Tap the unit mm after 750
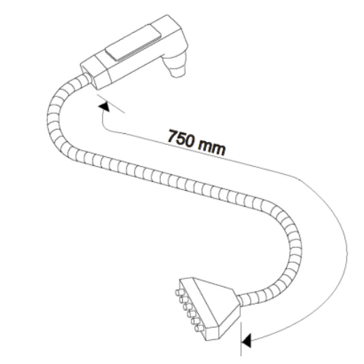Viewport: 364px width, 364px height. pyautogui.click(x=211, y=147)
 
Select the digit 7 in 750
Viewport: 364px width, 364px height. pyautogui.click(x=172, y=135)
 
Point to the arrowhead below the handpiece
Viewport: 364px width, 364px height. pyautogui.click(x=104, y=107)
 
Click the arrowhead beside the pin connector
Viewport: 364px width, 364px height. pyautogui.click(x=246, y=341)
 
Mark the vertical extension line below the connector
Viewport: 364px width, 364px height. pyautogui.click(x=241, y=339)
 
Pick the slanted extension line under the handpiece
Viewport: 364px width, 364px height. pyautogui.click(x=111, y=104)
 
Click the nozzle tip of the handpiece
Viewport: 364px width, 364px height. pyautogui.click(x=179, y=73)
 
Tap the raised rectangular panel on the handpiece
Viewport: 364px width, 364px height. pyautogui.click(x=133, y=47)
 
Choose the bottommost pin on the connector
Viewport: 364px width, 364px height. pyautogui.click(x=199, y=328)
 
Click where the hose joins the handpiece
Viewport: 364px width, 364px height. pyautogui.click(x=85, y=77)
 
